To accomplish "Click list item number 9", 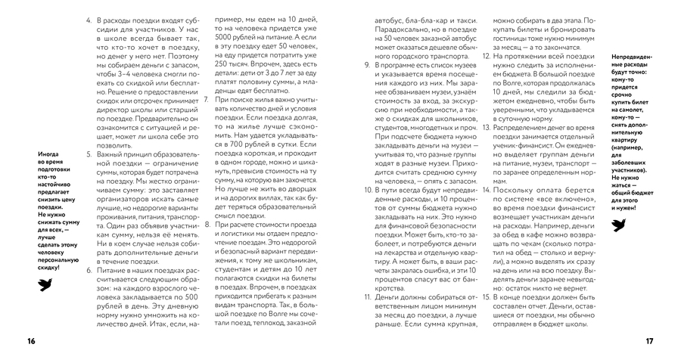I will click(366, 66).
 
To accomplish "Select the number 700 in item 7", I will click(229, 141).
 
